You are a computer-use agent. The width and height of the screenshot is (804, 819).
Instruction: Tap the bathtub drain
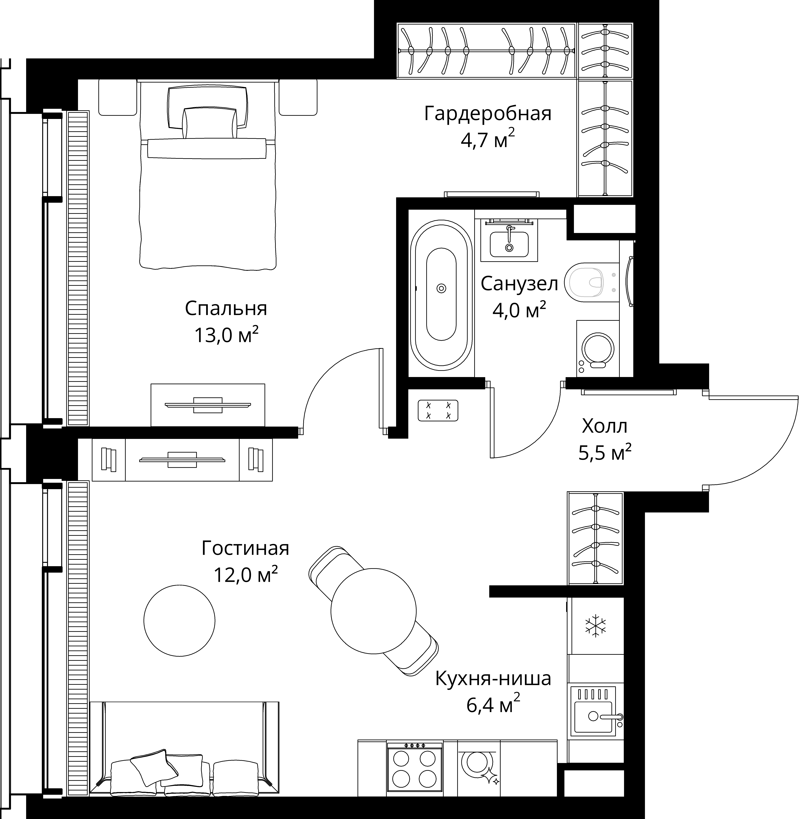click(x=441, y=288)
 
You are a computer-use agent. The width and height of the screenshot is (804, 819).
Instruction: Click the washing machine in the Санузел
click(x=598, y=348)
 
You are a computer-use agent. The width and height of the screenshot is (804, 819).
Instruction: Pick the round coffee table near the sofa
click(x=179, y=620)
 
